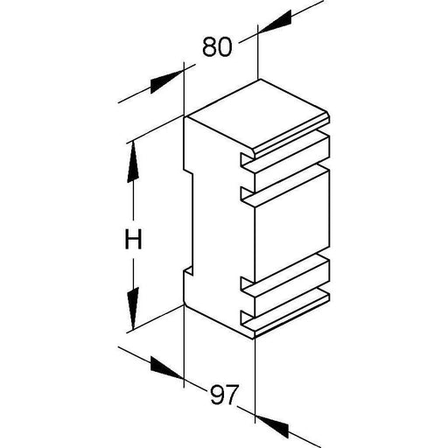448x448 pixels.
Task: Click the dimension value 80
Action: click(x=217, y=46)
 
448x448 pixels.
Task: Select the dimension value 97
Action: click(x=224, y=395)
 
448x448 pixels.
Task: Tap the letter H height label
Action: click(x=133, y=239)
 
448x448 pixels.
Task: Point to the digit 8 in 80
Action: click(x=209, y=46)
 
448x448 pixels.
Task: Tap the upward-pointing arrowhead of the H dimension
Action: click(x=133, y=162)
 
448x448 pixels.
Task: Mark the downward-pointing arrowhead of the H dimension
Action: click(x=133, y=309)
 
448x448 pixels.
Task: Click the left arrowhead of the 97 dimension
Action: click(x=167, y=367)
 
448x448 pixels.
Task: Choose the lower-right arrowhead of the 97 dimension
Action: click(x=272, y=427)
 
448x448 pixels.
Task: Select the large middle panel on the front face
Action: click(x=292, y=227)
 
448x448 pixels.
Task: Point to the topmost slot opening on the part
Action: click(x=248, y=158)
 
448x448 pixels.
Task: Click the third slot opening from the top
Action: click(x=248, y=283)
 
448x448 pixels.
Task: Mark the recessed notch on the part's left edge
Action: click(x=188, y=221)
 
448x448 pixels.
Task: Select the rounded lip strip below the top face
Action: click(x=291, y=136)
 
